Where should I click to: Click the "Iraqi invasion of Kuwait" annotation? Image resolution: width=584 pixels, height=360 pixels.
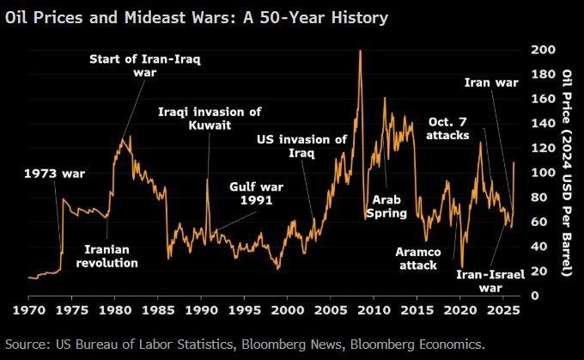pyautogui.click(x=210, y=119)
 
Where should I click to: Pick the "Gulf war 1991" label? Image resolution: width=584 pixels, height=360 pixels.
pyautogui.click(x=257, y=192)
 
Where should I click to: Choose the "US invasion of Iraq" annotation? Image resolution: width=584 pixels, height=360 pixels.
pyautogui.click(x=303, y=146)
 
